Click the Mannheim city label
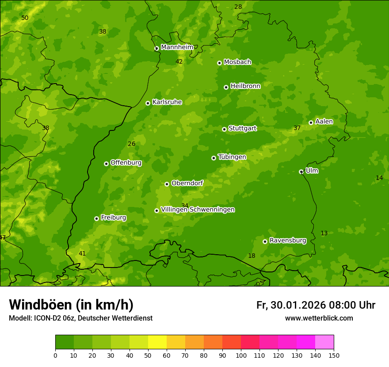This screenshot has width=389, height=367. (177, 47)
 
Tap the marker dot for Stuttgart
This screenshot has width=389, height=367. (224, 129)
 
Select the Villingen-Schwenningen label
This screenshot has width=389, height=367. (198, 210)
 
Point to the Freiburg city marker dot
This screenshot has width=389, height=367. (96, 218)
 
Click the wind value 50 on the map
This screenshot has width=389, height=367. (25, 18)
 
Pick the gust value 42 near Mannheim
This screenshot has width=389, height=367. (179, 62)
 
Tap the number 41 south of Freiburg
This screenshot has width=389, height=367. (82, 254)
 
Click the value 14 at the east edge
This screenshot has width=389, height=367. (379, 178)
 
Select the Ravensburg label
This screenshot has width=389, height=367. (287, 241)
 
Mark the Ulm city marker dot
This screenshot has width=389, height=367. (301, 172)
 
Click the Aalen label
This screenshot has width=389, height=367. (324, 122)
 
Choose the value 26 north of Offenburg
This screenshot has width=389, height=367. (131, 144)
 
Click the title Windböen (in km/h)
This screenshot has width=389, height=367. (71, 305)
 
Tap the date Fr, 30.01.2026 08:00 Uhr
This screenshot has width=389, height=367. (316, 305)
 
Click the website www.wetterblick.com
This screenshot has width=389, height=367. (319, 318)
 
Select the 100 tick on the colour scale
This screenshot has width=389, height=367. (241, 355)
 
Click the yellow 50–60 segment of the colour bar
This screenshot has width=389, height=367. (157, 342)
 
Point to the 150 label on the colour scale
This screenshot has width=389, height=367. (334, 355)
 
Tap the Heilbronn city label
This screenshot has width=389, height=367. (245, 86)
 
